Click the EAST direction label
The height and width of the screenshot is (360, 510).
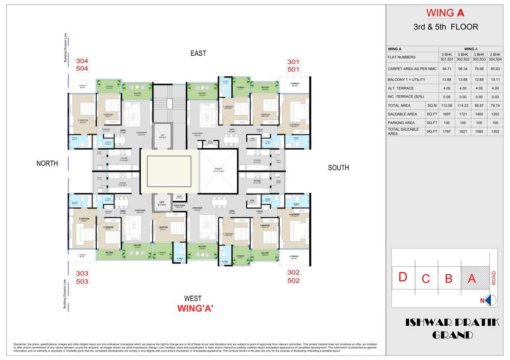coord(198,53)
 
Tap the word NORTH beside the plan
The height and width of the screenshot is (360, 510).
coord(47,164)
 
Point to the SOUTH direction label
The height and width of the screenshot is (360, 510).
coord(338,168)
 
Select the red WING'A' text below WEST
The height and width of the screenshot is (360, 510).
coord(195,308)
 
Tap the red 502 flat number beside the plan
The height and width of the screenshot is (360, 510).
coord(294,280)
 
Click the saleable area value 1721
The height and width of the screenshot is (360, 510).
coord(463,114)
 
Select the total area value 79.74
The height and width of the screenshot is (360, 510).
coord(495,105)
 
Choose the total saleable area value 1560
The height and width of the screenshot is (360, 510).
coord(479,132)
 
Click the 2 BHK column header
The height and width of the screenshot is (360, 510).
coord(495,54)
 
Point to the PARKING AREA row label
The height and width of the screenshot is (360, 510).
coord(402,122)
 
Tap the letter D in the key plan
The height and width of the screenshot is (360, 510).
coord(403,277)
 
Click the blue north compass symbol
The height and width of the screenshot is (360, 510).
coord(490,300)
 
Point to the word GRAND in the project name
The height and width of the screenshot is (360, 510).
coord(452,335)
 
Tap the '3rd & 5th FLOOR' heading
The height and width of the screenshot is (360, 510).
coord(446,27)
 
